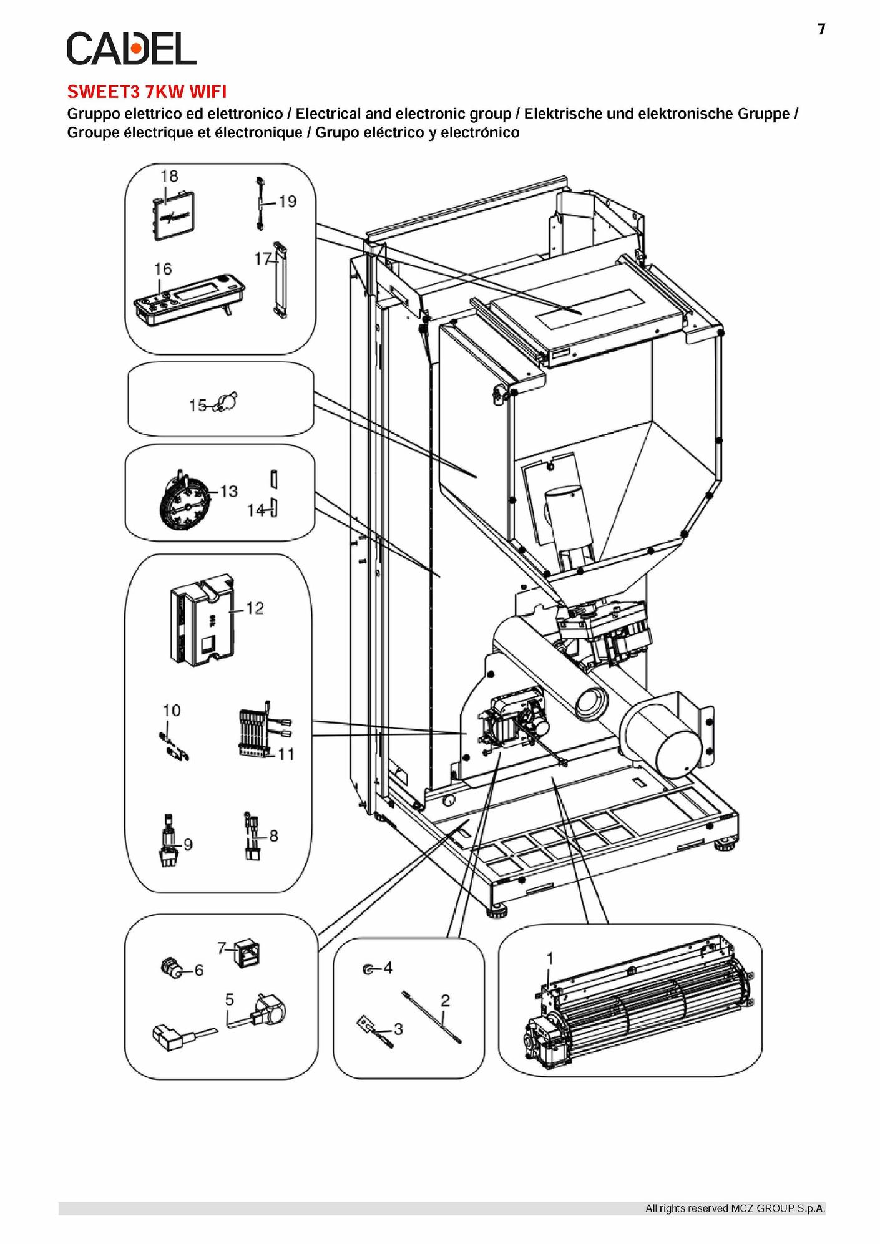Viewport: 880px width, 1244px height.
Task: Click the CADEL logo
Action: pyautogui.click(x=131, y=49)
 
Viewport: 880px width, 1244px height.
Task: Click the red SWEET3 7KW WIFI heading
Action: pyautogui.click(x=147, y=92)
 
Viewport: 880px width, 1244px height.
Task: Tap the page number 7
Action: pyautogui.click(x=821, y=29)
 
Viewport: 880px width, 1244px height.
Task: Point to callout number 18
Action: pyautogui.click(x=169, y=176)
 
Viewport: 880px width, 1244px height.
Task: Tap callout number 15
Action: pyautogui.click(x=198, y=406)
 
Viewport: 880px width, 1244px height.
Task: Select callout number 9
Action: pyautogui.click(x=188, y=845)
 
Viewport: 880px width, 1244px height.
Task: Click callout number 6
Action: pyautogui.click(x=199, y=970)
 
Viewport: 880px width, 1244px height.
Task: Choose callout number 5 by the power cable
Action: pyautogui.click(x=229, y=999)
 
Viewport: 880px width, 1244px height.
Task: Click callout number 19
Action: pyautogui.click(x=288, y=201)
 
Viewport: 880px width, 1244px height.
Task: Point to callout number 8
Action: pyautogui.click(x=273, y=835)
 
